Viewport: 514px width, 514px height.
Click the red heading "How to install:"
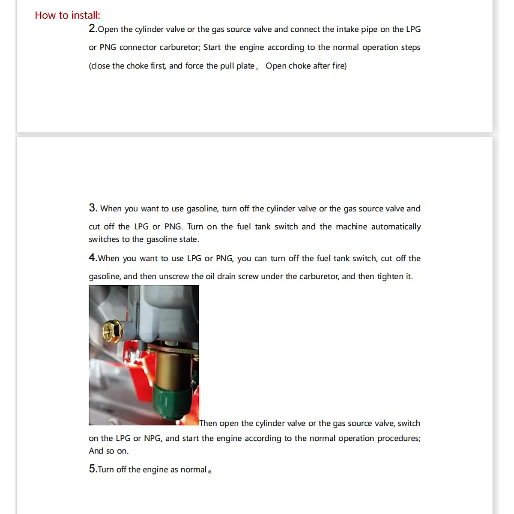click(x=67, y=15)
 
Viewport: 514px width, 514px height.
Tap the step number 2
click(x=93, y=29)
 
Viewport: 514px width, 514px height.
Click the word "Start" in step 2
click(x=212, y=48)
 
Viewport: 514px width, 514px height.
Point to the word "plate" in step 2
click(x=245, y=66)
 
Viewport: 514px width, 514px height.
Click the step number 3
click(x=93, y=208)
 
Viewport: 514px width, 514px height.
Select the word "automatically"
click(x=396, y=227)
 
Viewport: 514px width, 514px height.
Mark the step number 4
click(x=93, y=258)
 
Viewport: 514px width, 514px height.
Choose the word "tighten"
click(x=390, y=277)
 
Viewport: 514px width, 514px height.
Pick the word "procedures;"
click(x=399, y=439)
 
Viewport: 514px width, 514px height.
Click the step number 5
click(x=93, y=469)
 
